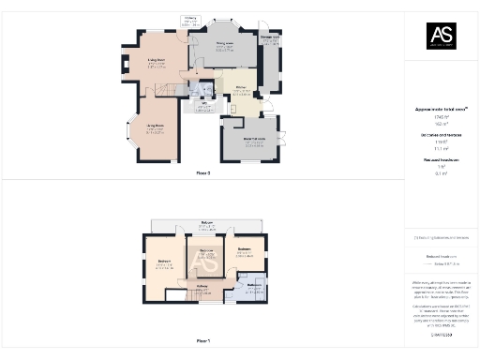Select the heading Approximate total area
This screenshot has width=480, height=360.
(x=441, y=110)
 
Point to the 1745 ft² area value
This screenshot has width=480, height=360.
(x=441, y=116)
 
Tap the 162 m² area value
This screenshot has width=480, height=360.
(x=441, y=123)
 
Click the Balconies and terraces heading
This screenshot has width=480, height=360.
(x=441, y=135)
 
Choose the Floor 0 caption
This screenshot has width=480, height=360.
(x=202, y=173)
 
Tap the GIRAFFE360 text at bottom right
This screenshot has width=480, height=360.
(x=441, y=334)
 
